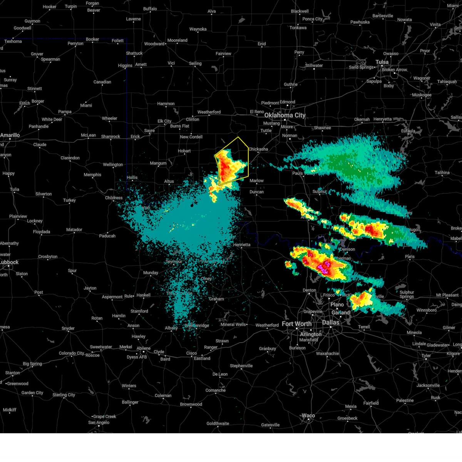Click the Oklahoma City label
point(285,115)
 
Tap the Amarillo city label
point(10,135)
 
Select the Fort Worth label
point(296,324)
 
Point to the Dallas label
point(331,322)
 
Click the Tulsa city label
point(382,62)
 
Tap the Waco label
point(308,415)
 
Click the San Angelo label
point(99,422)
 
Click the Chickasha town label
point(258,149)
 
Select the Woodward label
point(154,44)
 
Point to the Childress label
point(114,198)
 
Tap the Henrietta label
point(242,244)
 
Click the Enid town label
point(262,44)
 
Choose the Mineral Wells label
point(233,325)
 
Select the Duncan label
point(256,192)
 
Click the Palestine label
point(405,400)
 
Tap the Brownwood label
point(191,404)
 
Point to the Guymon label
point(32,21)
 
